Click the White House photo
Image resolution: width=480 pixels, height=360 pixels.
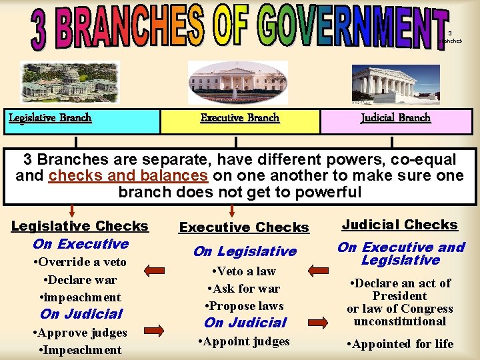pos(238,81)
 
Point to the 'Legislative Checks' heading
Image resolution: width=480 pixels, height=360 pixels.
pos(80,226)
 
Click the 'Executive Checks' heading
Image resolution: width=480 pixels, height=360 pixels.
pos(244,227)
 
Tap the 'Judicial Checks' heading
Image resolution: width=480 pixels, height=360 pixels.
pos(400,225)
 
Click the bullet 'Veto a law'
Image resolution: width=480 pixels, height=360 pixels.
pos(245,271)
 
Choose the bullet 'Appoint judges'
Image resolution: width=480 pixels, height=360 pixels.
pos(245,341)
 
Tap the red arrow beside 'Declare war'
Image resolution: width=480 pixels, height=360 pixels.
pos(154,271)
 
